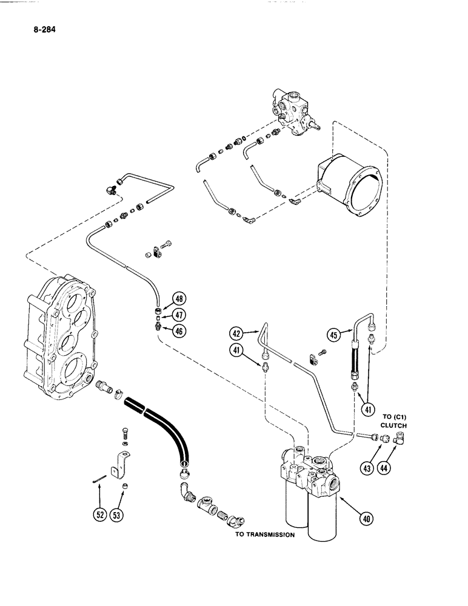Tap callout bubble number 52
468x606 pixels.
coord(99,514)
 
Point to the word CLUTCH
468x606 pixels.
coord(393,425)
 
